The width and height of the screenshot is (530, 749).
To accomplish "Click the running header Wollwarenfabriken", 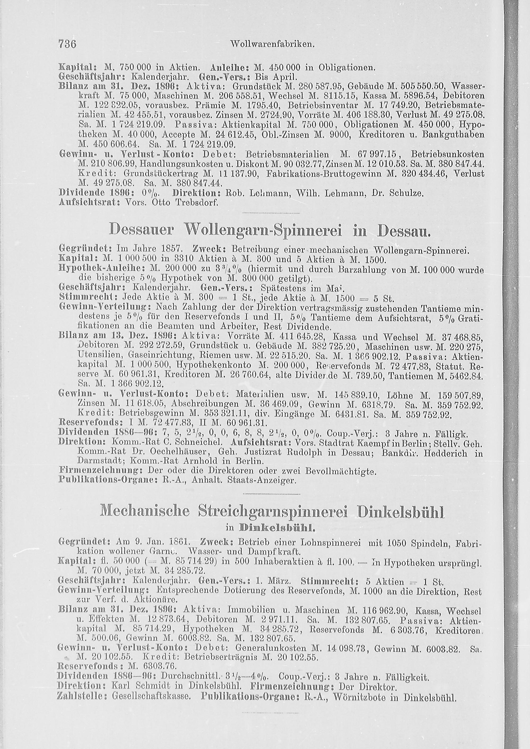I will [x=272, y=43].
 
